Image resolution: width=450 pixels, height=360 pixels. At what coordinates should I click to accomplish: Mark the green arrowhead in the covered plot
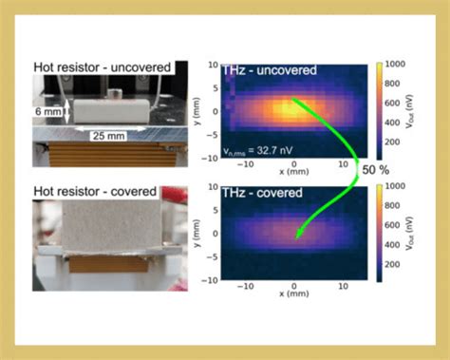(297, 237)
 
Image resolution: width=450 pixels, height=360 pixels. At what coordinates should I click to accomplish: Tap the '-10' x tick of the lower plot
(243, 285)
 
